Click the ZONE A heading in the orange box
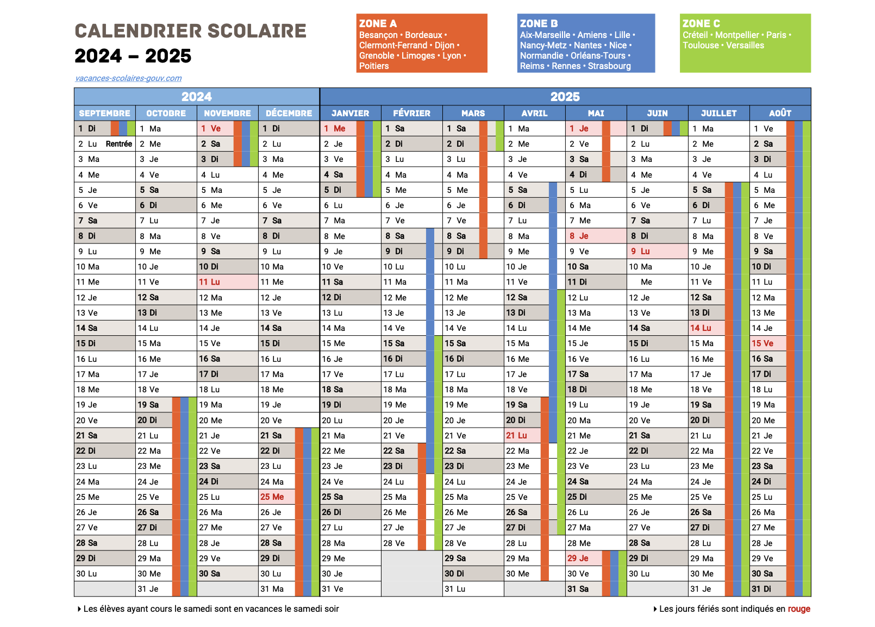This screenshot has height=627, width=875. (x=378, y=23)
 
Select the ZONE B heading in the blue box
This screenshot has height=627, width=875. (x=539, y=23)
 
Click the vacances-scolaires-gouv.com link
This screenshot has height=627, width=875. (x=128, y=78)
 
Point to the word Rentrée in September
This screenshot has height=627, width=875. (x=118, y=144)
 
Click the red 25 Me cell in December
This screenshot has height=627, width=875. (x=272, y=497)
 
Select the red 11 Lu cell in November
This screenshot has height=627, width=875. (x=210, y=282)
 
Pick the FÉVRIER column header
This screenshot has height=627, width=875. (x=411, y=113)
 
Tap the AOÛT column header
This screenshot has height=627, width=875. (x=780, y=113)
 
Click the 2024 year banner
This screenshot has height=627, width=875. (x=196, y=97)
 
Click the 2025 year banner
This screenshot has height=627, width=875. (x=565, y=97)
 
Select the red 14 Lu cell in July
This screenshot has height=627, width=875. (x=701, y=328)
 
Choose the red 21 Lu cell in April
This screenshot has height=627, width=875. (x=517, y=436)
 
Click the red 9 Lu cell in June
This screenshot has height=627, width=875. (x=641, y=252)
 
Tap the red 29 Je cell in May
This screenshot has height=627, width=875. (x=578, y=559)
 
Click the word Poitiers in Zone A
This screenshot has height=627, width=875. (x=374, y=66)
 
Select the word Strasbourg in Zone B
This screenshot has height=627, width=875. (x=609, y=66)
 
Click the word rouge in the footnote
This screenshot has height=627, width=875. (x=799, y=609)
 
